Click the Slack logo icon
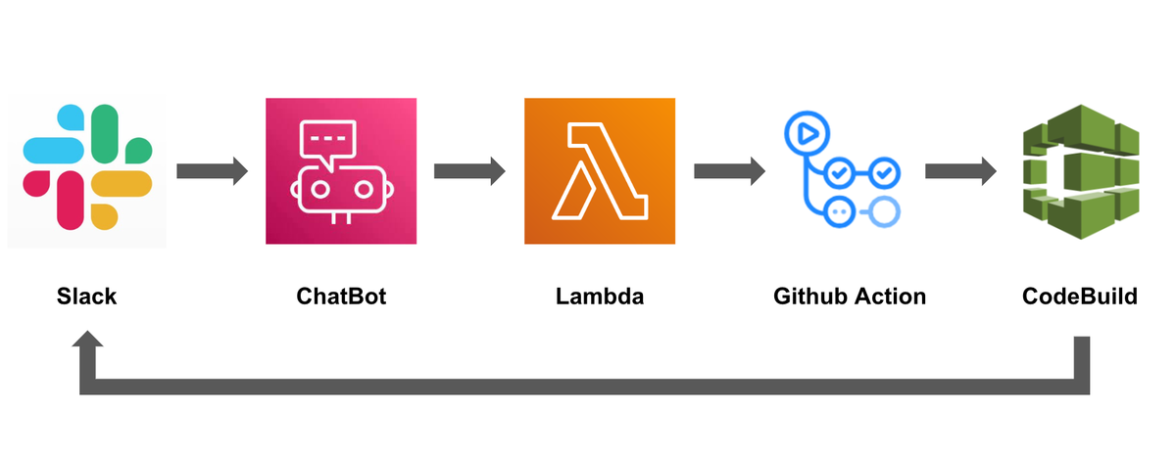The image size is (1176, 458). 87,167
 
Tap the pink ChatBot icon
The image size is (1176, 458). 341,171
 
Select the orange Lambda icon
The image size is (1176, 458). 600,171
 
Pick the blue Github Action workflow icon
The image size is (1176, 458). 843,169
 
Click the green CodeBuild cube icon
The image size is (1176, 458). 1081,172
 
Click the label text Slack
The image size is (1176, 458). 86,297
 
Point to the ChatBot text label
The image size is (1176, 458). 341,297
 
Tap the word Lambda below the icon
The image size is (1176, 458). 600,297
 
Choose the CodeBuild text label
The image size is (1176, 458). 1080,297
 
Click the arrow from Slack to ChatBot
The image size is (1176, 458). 212,171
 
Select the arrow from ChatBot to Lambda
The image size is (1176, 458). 469,171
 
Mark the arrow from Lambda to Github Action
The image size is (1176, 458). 730,171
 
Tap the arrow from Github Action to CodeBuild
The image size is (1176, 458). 960,171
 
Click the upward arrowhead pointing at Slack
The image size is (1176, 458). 87,339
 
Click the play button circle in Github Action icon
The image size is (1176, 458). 807,134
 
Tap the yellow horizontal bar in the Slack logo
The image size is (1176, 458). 122,183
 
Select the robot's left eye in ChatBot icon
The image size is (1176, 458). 319,189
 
